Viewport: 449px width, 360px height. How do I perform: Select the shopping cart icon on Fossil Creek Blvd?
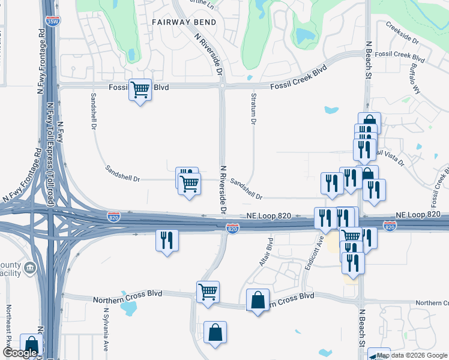click(140, 90)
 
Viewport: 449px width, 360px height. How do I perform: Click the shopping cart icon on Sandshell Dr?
click(190, 183)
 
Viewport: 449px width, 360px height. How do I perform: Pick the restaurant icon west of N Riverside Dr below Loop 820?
click(167, 240)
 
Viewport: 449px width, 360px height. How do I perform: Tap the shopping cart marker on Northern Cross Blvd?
click(208, 292)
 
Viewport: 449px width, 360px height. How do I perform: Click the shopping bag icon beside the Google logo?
click(31, 344)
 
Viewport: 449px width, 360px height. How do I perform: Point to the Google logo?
click(19, 353)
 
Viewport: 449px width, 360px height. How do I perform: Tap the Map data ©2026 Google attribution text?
click(412, 355)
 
